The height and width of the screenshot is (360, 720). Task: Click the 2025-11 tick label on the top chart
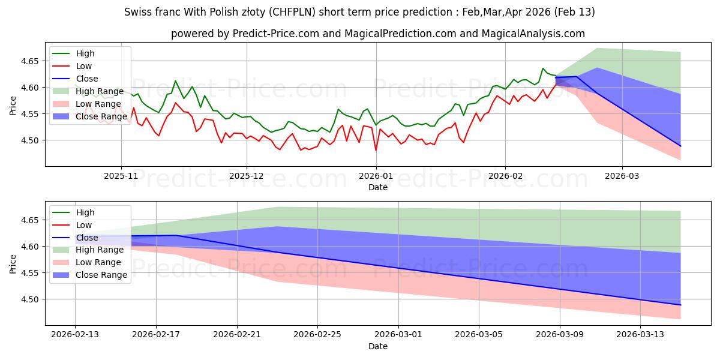click(x=121, y=176)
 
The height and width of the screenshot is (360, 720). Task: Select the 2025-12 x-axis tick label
click(x=247, y=176)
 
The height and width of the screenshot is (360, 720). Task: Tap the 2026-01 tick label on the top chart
click(x=376, y=176)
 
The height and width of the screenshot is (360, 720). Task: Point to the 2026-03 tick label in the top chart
click(x=622, y=176)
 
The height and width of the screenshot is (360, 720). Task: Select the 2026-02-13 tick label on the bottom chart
click(x=75, y=335)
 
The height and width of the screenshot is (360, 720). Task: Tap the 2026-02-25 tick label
click(x=317, y=335)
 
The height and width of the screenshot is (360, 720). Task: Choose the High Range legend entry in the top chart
click(x=100, y=91)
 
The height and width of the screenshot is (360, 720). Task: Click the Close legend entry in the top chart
click(x=87, y=79)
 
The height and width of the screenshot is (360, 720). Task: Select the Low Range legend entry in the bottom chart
click(x=99, y=262)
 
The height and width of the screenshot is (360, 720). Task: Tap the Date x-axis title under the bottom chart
click(x=378, y=346)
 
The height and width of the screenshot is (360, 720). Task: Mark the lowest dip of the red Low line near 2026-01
click(x=376, y=151)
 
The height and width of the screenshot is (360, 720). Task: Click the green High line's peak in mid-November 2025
click(x=175, y=81)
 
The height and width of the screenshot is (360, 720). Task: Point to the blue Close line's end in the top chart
click(x=680, y=146)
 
